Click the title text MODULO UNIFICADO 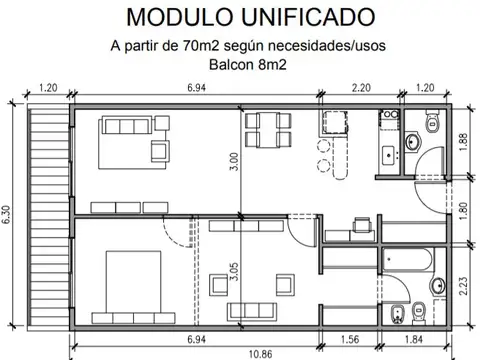239,17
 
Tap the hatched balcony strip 48,220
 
